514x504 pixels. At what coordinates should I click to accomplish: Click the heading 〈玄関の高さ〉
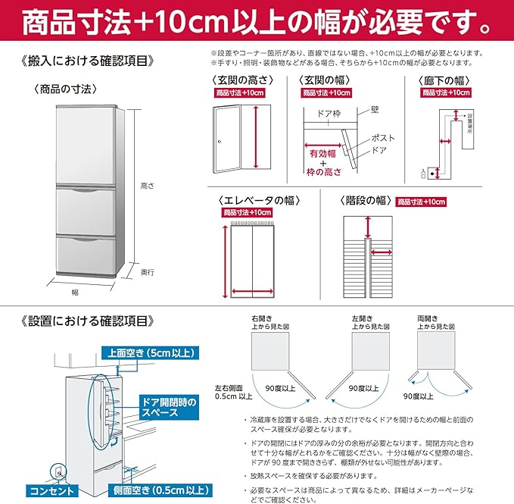(x=241, y=80)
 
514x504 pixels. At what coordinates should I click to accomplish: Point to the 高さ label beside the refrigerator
(x=147, y=184)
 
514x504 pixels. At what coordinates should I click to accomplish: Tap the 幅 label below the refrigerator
(x=75, y=291)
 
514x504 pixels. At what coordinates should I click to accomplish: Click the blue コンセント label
(x=46, y=490)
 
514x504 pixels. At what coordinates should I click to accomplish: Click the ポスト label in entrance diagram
(x=382, y=138)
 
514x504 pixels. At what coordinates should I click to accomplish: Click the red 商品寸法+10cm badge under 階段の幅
(x=422, y=202)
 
